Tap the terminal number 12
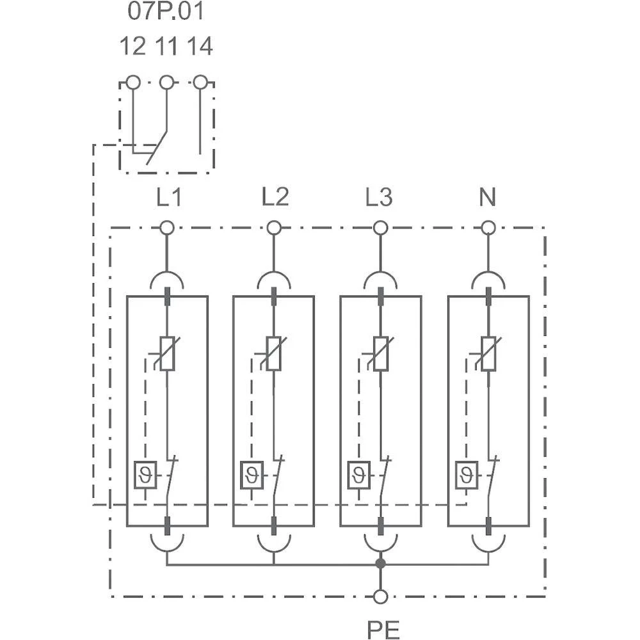(x=132, y=47)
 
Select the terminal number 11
(x=166, y=47)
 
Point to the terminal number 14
(x=200, y=47)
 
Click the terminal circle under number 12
(x=132, y=83)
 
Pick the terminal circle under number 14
(x=200, y=83)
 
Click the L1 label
(x=169, y=198)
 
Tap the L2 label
(x=275, y=198)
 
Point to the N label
(x=488, y=198)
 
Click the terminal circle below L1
(x=166, y=227)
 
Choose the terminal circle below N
(x=488, y=227)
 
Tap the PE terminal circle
(x=381, y=596)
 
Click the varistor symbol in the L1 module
(x=166, y=353)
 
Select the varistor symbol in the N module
(x=488, y=353)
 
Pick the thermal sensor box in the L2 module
(x=252, y=474)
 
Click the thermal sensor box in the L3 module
(x=358, y=474)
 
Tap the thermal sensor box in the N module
(x=467, y=474)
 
